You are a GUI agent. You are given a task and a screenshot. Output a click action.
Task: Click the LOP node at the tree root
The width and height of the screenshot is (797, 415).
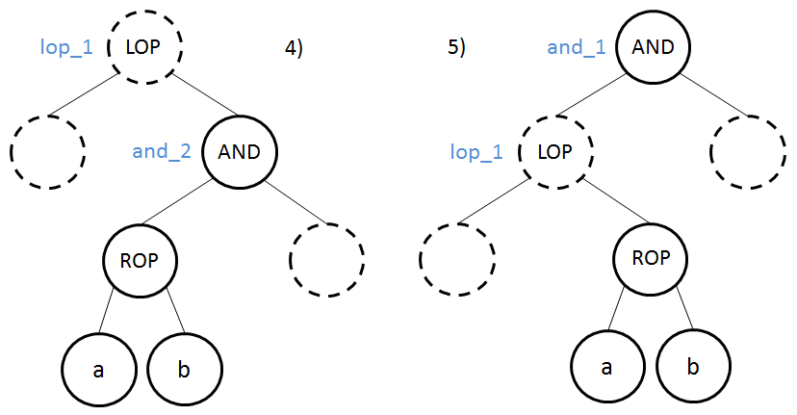(144, 46)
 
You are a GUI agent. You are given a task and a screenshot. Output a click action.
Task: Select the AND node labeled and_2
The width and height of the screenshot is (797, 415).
(240, 151)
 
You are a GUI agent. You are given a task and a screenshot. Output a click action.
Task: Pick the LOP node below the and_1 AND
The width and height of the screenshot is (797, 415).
(556, 151)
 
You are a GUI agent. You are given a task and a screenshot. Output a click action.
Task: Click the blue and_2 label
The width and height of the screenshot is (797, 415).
(162, 151)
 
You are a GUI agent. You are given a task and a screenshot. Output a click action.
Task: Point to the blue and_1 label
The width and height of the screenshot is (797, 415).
(577, 46)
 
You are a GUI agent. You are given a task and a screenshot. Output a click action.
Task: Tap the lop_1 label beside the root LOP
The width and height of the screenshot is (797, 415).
(65, 46)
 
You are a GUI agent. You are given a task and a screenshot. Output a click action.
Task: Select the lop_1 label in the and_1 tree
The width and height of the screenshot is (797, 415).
(477, 152)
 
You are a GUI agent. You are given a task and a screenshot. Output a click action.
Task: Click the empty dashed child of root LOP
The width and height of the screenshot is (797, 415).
(47, 152)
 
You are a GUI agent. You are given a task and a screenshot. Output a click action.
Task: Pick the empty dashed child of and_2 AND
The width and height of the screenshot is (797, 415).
(326, 259)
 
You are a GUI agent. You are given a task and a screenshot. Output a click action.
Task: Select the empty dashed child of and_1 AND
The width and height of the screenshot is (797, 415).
(747, 152)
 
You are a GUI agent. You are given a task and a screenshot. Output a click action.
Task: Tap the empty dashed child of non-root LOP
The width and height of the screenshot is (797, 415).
(458, 259)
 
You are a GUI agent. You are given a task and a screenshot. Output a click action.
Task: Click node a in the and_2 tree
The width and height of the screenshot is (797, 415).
(99, 369)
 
